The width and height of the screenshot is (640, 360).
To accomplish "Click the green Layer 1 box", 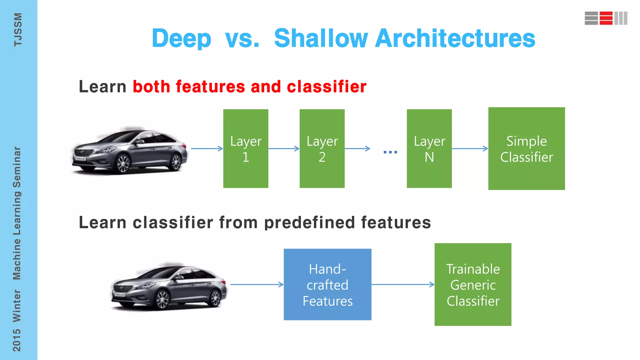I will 246,148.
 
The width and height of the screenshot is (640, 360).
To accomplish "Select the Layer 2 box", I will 322,148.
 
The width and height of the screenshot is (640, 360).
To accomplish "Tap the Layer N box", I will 429,148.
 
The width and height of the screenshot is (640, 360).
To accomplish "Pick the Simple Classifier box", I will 527,148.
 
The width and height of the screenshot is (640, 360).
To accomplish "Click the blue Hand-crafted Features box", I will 327,284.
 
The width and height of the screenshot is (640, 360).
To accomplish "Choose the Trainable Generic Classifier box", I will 473,284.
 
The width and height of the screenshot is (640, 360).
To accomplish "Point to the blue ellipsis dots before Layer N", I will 390,152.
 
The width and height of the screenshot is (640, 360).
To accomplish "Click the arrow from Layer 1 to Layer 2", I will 284,149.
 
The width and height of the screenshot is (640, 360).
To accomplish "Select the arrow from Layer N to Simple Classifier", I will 470,149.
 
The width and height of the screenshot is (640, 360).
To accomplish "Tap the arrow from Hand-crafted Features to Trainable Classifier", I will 403,284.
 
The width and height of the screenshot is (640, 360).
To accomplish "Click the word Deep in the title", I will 182,38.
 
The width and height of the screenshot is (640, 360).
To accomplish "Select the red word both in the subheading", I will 151,87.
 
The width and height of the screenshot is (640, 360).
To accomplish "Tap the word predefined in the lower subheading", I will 309,223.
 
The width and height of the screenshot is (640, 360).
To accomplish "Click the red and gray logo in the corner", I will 606,18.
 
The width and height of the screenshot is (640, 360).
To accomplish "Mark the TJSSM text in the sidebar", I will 18,30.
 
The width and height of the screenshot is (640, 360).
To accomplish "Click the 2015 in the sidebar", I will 17,340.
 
